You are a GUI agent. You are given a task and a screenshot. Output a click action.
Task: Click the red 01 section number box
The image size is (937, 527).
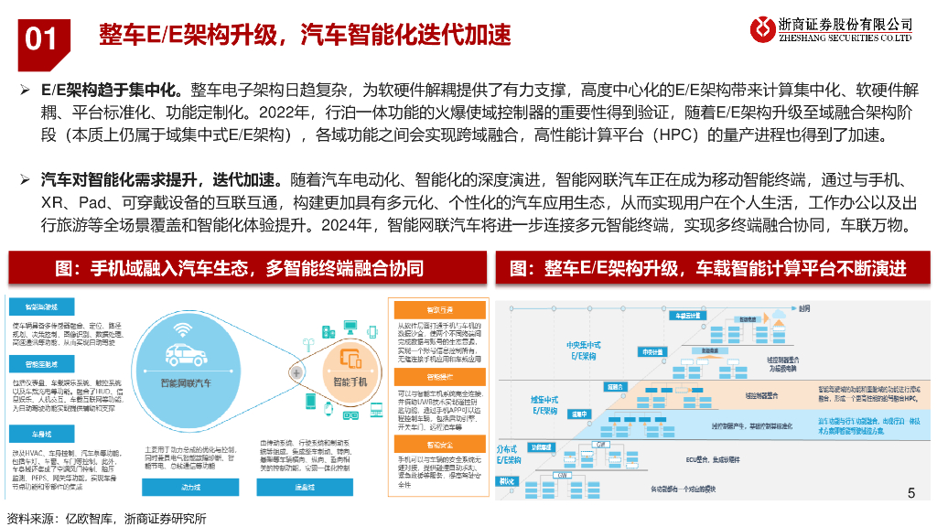coord(40,37)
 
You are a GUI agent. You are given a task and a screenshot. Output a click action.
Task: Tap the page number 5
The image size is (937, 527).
coord(910,494)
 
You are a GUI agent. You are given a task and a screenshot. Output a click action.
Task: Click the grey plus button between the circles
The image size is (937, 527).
coord(296,373)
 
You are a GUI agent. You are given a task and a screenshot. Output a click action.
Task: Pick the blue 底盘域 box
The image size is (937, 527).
coord(306,488)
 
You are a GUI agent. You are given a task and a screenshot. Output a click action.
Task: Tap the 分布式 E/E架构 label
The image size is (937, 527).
coord(510,455)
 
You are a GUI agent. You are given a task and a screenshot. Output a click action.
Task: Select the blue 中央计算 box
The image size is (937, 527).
coord(651,350)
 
